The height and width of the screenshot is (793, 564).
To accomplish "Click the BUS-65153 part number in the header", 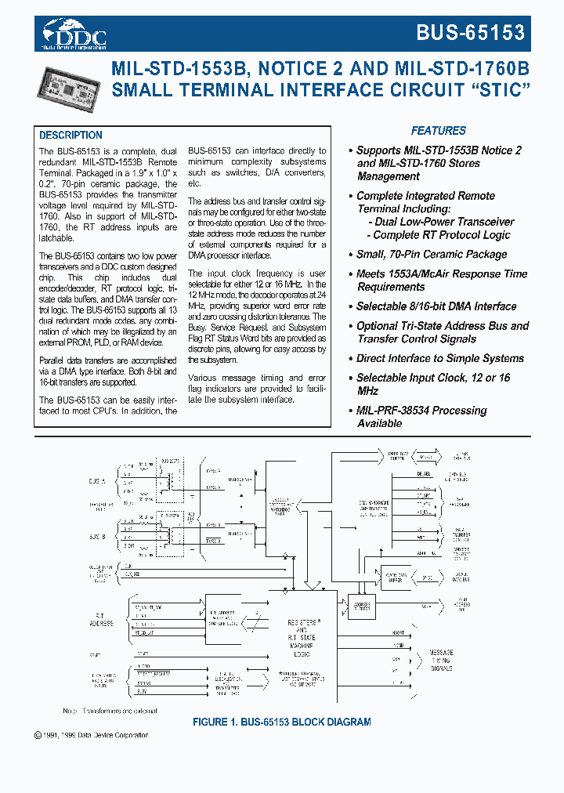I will [471, 32].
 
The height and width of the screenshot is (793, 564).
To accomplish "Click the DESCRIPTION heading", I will [70, 135].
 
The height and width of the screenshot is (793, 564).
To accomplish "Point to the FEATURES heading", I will [439, 131].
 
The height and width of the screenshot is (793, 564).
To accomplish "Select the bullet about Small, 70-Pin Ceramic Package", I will [432, 255].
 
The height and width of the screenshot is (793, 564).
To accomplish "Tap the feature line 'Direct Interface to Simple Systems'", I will [439, 358].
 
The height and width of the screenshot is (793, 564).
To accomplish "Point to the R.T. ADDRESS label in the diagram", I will [102, 619].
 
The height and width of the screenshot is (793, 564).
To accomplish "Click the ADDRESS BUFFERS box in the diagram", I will [363, 607].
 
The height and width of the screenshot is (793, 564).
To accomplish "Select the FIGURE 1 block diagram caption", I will [281, 722].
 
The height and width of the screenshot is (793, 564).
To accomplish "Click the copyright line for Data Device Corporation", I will [91, 735].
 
